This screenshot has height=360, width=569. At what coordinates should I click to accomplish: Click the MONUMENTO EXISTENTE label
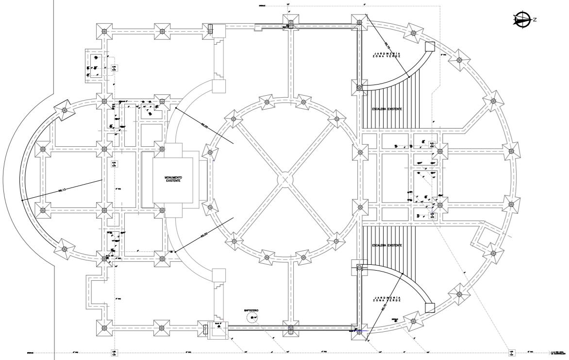tap(173, 179)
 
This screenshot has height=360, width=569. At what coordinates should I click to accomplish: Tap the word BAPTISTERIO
tap(252, 309)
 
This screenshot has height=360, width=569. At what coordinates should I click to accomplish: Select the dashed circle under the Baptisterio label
tap(252, 318)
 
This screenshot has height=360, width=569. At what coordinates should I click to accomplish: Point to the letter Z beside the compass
tap(535, 19)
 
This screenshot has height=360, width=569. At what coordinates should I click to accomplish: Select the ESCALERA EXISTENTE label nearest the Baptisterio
tap(386, 246)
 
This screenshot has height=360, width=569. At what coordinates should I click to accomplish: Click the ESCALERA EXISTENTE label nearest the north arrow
tap(386, 109)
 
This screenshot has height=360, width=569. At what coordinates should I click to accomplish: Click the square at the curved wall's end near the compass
tap(429, 47)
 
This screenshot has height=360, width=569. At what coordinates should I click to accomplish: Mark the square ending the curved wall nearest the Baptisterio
tap(429, 308)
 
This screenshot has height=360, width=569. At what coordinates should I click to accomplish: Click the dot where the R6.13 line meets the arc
tap(22, 200)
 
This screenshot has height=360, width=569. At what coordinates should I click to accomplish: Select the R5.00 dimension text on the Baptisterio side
tap(204, 236)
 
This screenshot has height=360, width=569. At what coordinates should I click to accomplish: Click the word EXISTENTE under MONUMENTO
tap(173, 181)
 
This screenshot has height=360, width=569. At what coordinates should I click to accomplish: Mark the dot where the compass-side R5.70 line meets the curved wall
tap(409, 77)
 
